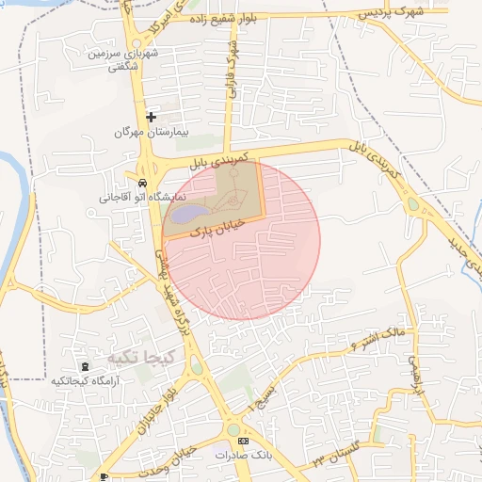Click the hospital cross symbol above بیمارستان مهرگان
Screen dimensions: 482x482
[151, 117]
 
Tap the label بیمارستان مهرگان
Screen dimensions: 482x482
[152, 133]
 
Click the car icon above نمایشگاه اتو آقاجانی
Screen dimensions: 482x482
[141, 183]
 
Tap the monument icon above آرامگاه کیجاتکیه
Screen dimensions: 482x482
[86, 365]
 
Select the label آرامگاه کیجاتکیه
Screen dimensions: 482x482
[84, 380]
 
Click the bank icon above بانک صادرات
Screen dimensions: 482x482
[243, 442]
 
